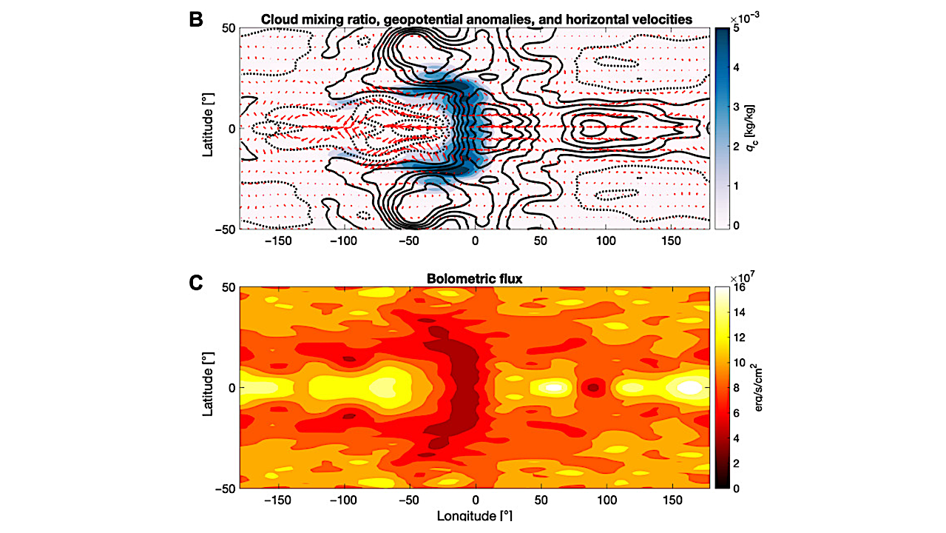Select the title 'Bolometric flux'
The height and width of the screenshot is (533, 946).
(x=475, y=279)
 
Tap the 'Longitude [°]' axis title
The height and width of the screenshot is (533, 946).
(x=474, y=515)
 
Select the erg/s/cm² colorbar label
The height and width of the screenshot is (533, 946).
(x=754, y=387)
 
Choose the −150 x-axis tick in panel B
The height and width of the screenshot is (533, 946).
(x=279, y=241)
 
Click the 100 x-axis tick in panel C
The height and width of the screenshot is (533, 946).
(x=607, y=500)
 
